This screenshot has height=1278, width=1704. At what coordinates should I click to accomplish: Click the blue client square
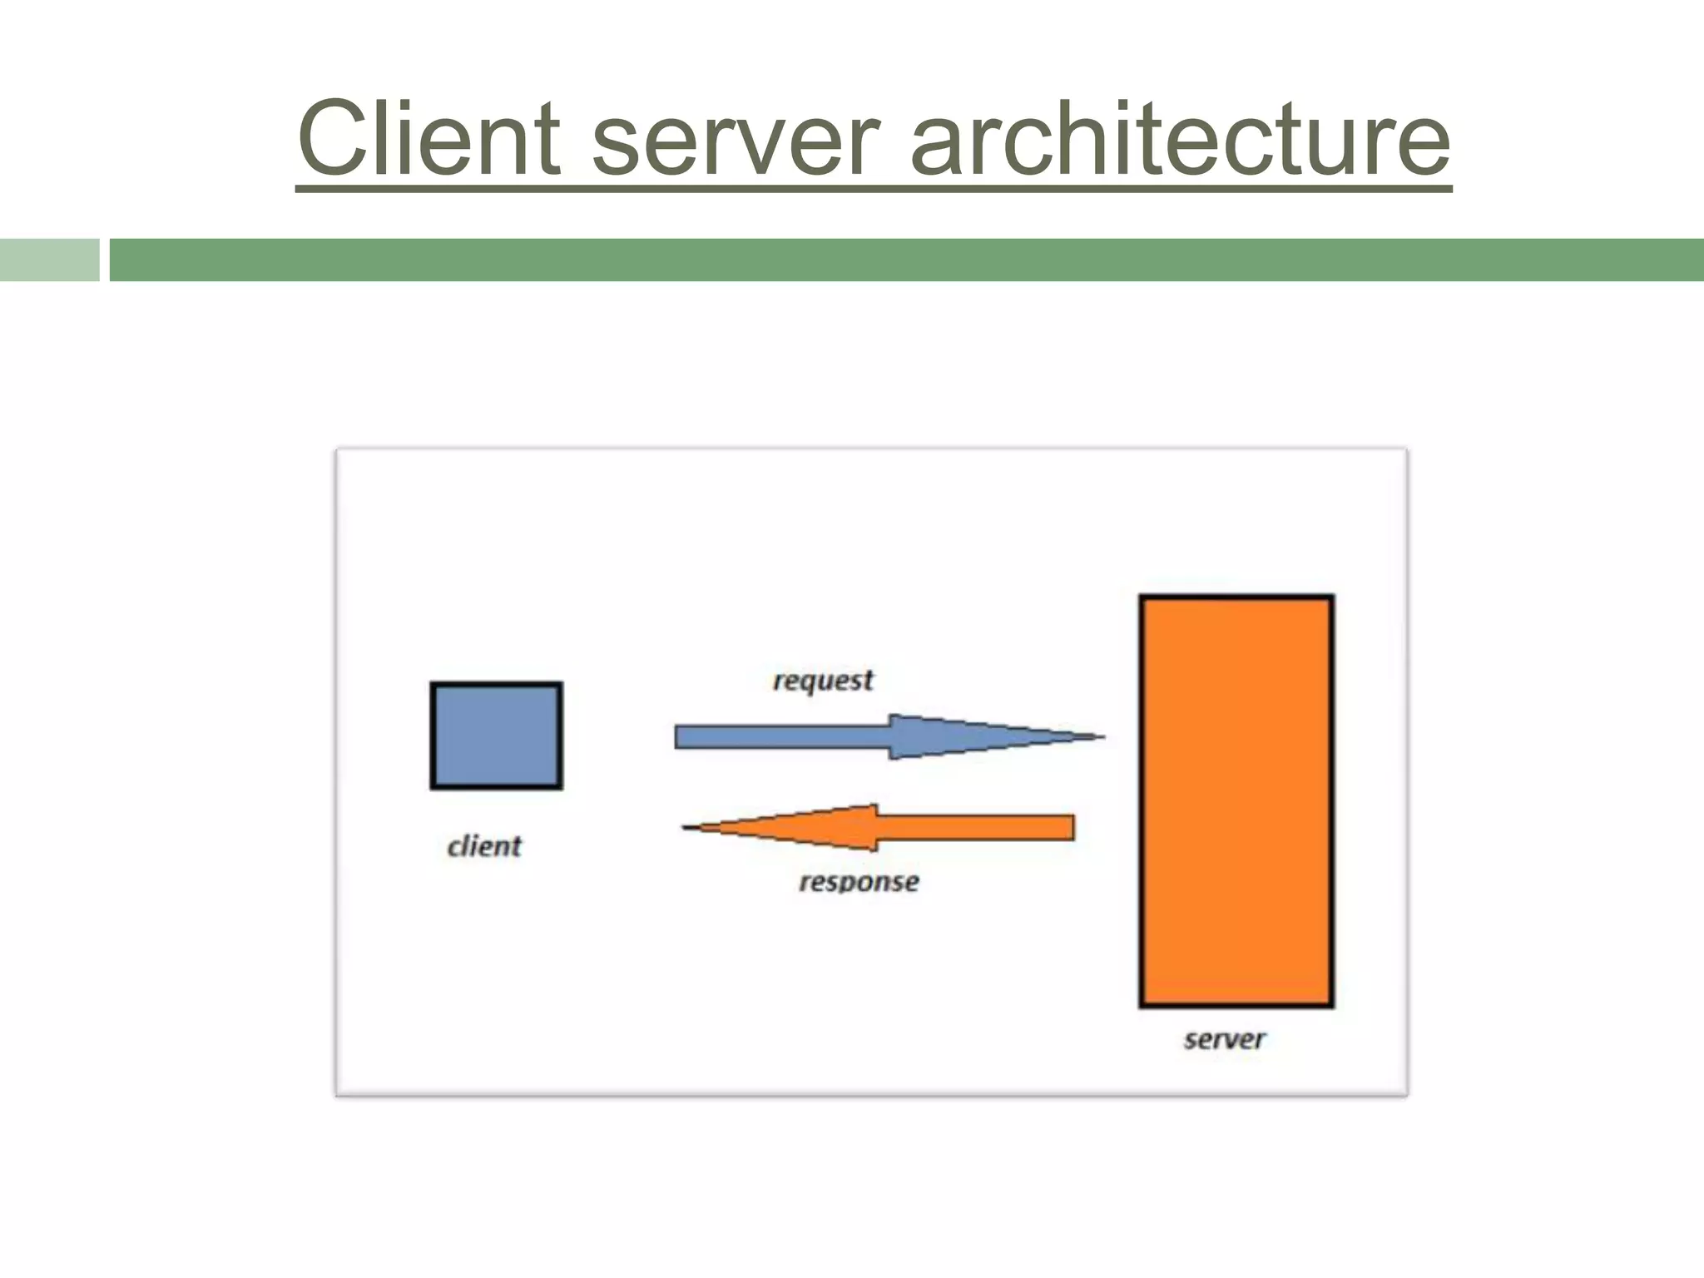(496, 736)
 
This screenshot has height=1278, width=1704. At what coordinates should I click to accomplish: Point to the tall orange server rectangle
(1236, 800)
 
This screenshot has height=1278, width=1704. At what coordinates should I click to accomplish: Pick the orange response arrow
(899, 828)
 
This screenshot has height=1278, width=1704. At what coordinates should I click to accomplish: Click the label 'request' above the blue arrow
(823, 681)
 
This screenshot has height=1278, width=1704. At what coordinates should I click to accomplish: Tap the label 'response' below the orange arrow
(859, 882)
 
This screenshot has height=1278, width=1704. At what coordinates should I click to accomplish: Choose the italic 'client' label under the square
(484, 847)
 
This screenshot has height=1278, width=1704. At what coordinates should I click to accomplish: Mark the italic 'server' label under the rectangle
(1224, 1039)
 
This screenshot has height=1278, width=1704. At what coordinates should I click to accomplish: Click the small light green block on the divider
(49, 260)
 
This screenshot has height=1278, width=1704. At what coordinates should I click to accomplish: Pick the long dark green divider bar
(906, 260)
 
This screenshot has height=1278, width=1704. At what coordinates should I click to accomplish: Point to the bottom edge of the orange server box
(1236, 1005)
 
